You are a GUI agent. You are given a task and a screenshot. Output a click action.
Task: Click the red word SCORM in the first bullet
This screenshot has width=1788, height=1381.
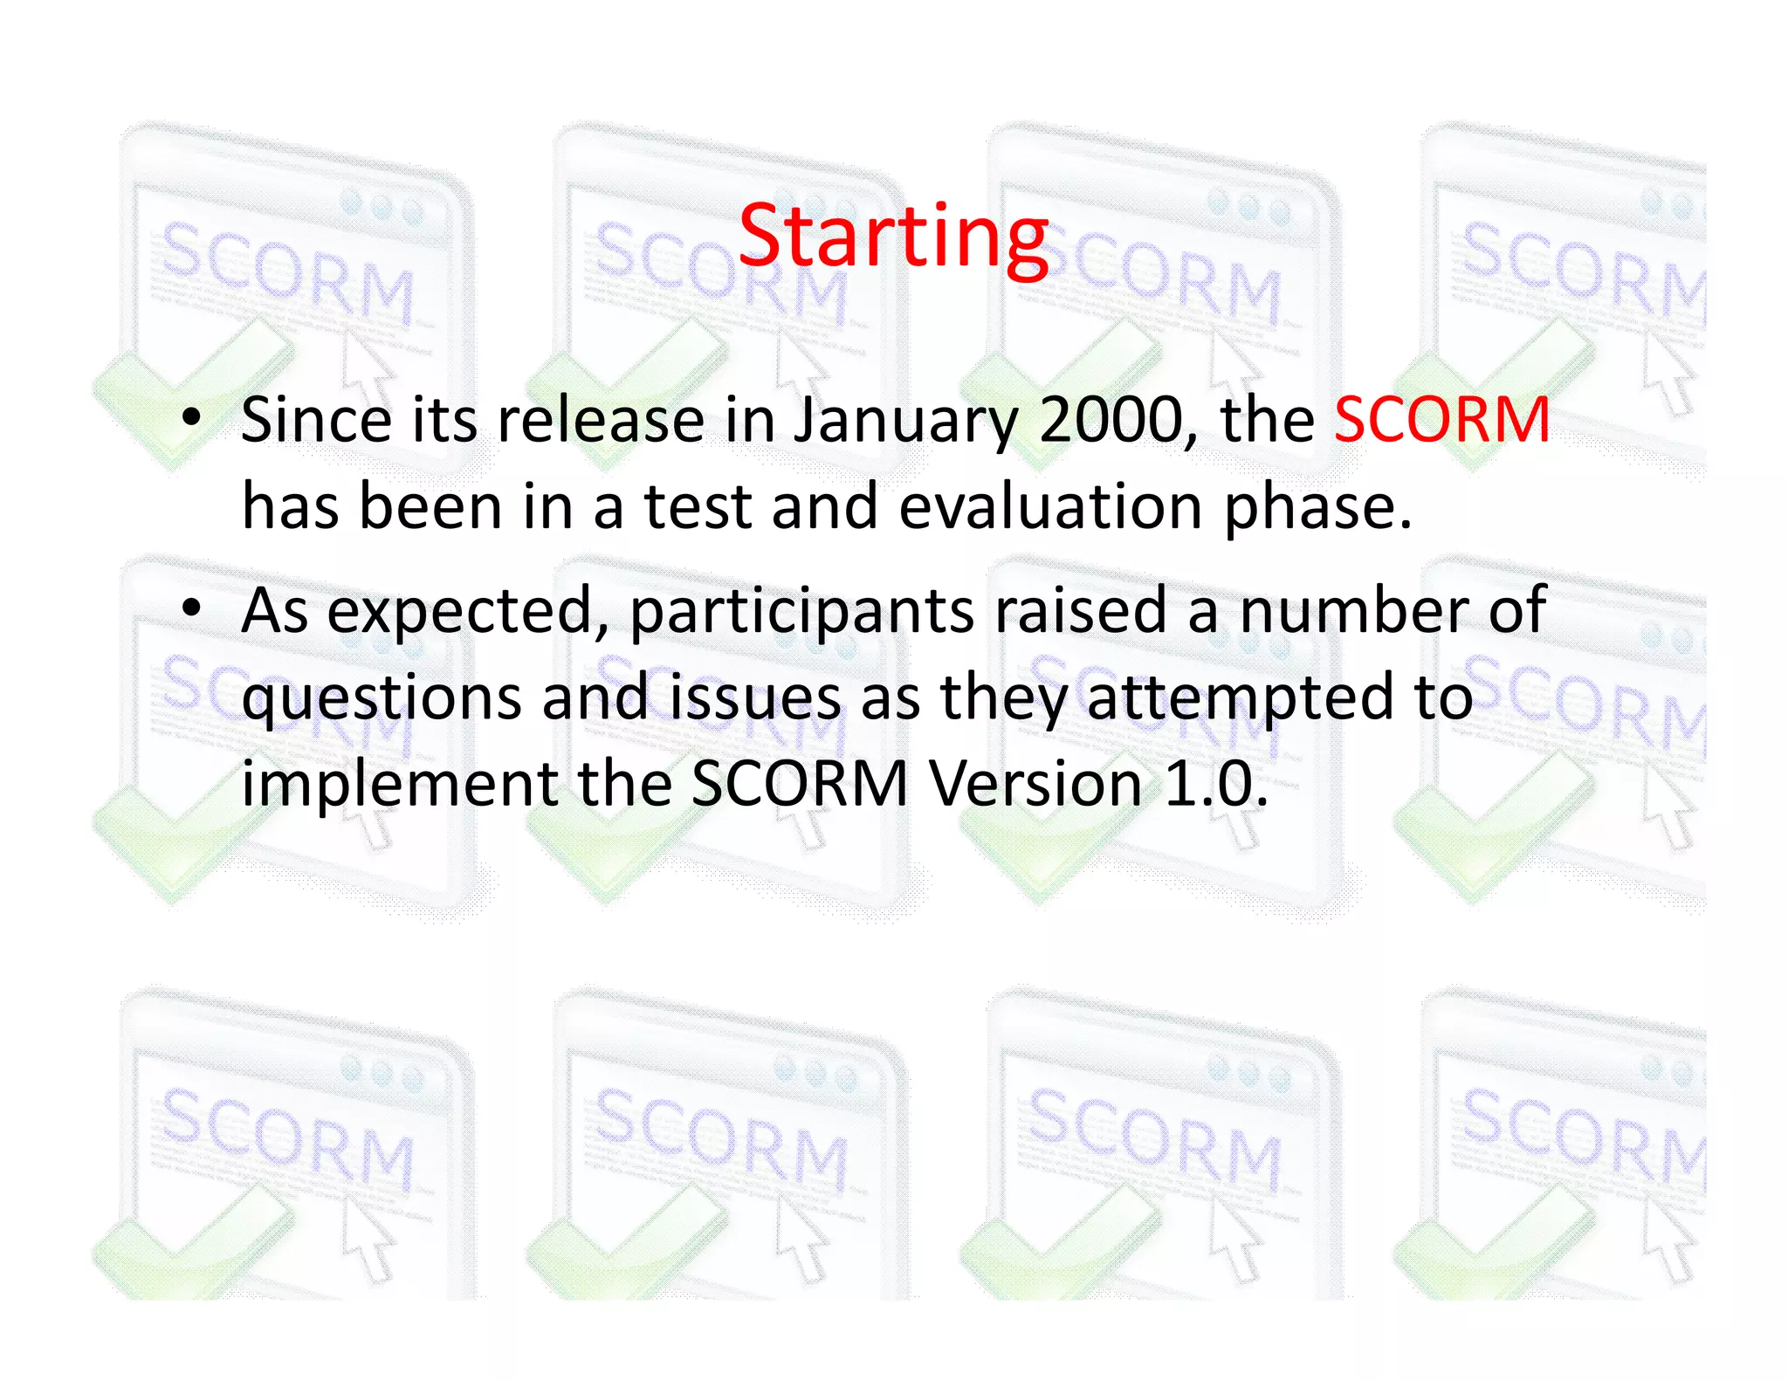coord(1442,420)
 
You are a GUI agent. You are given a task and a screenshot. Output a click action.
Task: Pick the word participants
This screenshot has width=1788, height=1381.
coord(801,612)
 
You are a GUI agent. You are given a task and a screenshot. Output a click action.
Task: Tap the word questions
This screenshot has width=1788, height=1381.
coord(382,698)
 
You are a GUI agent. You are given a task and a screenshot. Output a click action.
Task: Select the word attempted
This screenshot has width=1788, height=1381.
coord(1240,697)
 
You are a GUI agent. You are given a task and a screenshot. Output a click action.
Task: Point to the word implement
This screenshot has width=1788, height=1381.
coord(399,784)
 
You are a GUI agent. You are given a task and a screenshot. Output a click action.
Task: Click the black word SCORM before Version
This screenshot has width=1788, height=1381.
coord(800,783)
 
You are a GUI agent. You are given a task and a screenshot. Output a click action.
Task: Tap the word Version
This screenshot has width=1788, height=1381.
coord(1035,783)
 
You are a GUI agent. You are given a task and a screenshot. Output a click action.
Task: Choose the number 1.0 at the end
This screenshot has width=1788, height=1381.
coord(1214,783)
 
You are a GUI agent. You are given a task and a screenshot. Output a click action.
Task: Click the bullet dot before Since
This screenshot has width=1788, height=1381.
coord(191,417)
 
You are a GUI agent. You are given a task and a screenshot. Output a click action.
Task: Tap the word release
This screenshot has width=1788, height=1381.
coord(601,420)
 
